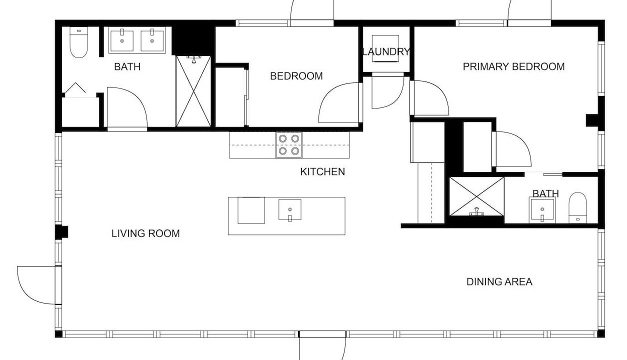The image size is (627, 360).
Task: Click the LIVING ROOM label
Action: (145, 233)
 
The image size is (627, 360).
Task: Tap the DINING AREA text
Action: (499, 281)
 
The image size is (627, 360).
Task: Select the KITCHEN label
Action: (322, 171)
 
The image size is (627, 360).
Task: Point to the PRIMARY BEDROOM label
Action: (513, 66)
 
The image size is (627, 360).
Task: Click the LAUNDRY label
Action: (386, 52)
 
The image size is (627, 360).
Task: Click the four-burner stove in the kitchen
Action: (289, 145)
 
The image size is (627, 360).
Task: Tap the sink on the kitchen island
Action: (290, 210)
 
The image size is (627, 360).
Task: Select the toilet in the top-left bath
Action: (78, 42)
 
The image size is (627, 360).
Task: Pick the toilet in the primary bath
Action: (577, 207)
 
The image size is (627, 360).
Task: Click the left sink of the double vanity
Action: (122, 40)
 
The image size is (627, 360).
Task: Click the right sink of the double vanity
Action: (152, 40)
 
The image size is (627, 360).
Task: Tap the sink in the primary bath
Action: (542, 209)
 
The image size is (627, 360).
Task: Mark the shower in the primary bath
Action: (476, 196)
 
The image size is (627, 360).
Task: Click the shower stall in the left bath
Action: (193, 91)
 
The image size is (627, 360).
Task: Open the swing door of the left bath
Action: (127, 108)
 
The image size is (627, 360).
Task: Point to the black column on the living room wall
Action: (61, 232)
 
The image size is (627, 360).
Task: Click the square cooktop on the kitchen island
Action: (251, 210)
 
